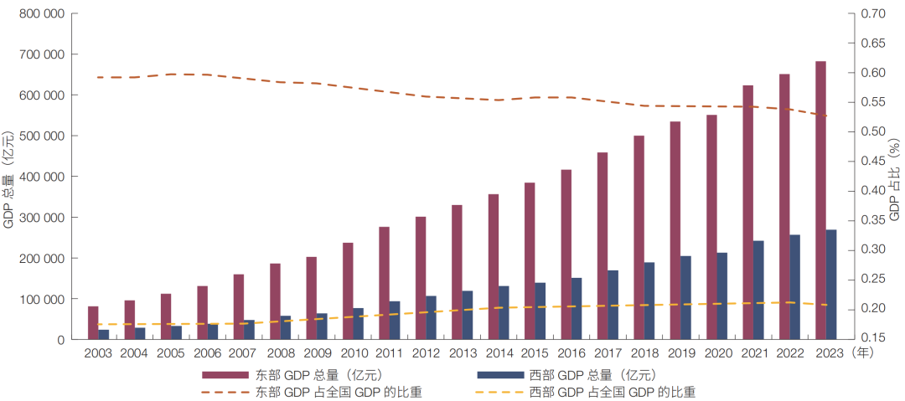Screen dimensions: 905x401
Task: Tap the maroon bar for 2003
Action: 93,323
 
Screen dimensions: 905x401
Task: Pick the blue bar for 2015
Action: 540,311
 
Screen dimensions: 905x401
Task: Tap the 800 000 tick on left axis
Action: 42,14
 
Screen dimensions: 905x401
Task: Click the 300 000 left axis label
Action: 42,218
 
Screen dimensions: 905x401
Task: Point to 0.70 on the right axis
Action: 873,14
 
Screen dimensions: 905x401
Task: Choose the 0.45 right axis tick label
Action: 873,161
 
